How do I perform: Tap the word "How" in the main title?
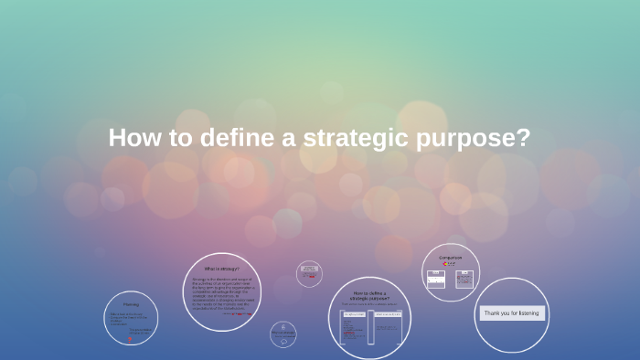tap(130, 138)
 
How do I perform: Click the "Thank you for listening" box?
tap(512, 312)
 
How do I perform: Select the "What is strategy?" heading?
tap(222, 270)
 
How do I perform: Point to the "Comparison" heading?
tap(450, 258)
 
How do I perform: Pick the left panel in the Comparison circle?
tap(437, 278)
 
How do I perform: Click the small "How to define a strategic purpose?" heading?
tap(370, 295)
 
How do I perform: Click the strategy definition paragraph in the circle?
tap(222, 292)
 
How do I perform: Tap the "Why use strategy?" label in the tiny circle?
tap(283, 334)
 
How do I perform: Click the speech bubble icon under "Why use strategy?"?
tap(283, 326)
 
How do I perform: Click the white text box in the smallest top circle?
tap(310, 270)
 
